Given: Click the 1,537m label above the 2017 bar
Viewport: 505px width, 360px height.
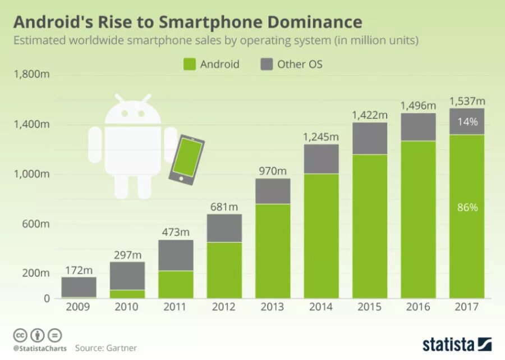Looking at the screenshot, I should [x=467, y=102].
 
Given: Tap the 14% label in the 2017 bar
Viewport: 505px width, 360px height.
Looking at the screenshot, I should [x=467, y=121].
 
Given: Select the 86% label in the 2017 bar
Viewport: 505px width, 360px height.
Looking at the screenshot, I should [x=467, y=207].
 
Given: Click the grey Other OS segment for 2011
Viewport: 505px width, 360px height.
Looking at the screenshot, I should [x=176, y=256].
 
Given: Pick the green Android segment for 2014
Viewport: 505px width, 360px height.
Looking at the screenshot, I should [x=321, y=236].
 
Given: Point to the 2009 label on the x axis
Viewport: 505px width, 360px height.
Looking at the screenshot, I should [x=79, y=307].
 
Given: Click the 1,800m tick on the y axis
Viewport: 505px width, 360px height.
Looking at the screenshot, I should [x=31, y=74].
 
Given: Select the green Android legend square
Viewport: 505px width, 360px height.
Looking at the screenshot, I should [x=189, y=64].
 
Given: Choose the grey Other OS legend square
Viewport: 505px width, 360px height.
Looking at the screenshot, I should [x=266, y=64].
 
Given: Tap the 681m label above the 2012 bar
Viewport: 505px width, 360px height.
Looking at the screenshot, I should [x=225, y=207].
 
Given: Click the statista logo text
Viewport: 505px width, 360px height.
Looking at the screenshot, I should [x=449, y=344].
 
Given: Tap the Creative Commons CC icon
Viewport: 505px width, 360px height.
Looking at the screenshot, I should [x=20, y=335].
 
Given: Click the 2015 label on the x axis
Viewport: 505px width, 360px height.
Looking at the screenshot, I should [x=370, y=307].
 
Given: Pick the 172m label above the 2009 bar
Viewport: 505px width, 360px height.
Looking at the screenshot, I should [x=79, y=270].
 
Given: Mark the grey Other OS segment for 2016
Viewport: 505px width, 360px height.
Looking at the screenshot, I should [x=419, y=127].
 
